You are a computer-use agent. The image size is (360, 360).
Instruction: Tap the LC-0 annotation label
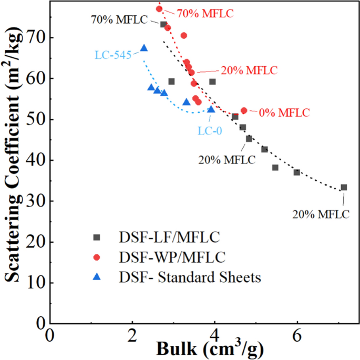coord(209,130)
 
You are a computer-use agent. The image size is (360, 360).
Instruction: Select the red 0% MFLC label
coord(284,112)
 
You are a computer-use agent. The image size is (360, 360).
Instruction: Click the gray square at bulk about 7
coord(344,187)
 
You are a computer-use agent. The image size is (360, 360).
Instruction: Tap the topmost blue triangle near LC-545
coord(144,48)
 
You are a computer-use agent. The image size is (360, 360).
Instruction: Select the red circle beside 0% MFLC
coord(244,110)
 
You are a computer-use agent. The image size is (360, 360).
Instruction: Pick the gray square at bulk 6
coord(297,172)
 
